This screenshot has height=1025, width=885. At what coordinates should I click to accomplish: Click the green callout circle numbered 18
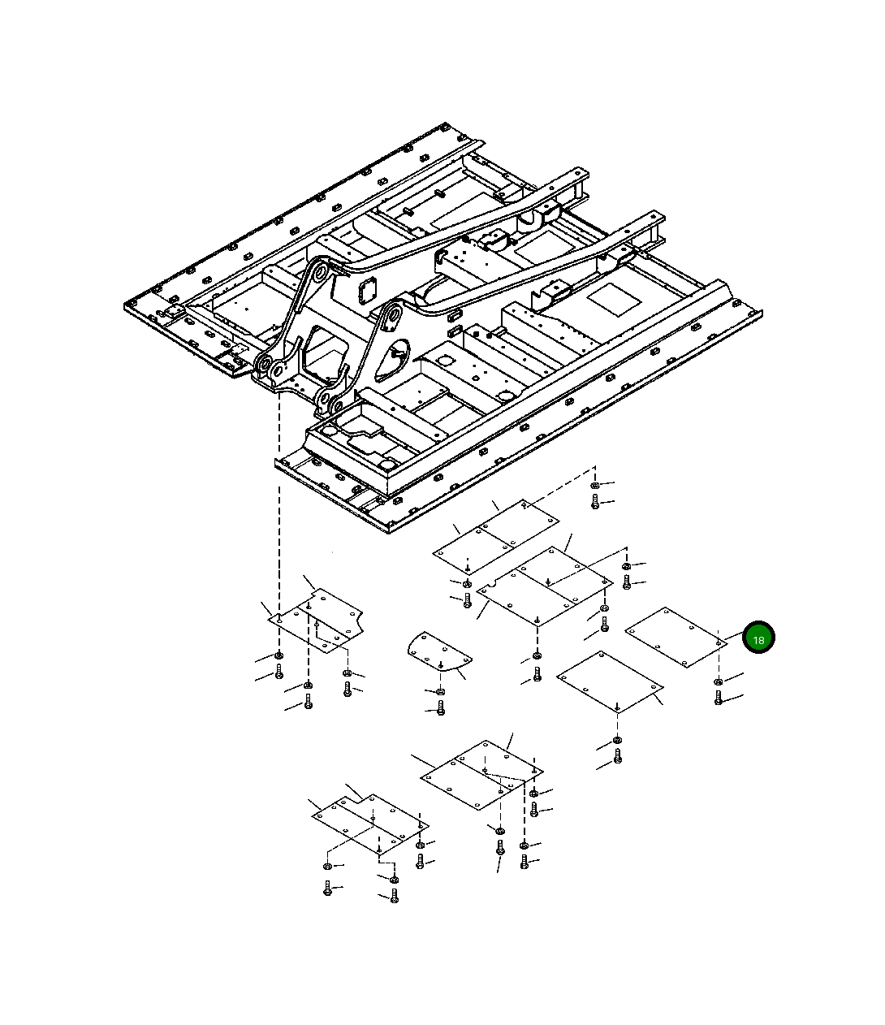click(x=758, y=638)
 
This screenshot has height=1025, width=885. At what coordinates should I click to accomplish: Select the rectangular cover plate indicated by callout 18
click(x=676, y=638)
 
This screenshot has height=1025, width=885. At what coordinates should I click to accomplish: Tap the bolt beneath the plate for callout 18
click(x=718, y=698)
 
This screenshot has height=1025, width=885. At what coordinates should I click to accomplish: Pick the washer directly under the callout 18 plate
click(x=718, y=682)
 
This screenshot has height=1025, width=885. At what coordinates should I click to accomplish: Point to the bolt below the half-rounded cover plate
click(x=441, y=707)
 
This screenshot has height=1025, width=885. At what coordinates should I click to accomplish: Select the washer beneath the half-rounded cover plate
click(x=440, y=692)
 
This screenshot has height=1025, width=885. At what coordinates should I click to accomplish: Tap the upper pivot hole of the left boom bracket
click(x=319, y=274)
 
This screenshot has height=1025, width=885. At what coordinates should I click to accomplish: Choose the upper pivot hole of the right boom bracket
click(x=395, y=315)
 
